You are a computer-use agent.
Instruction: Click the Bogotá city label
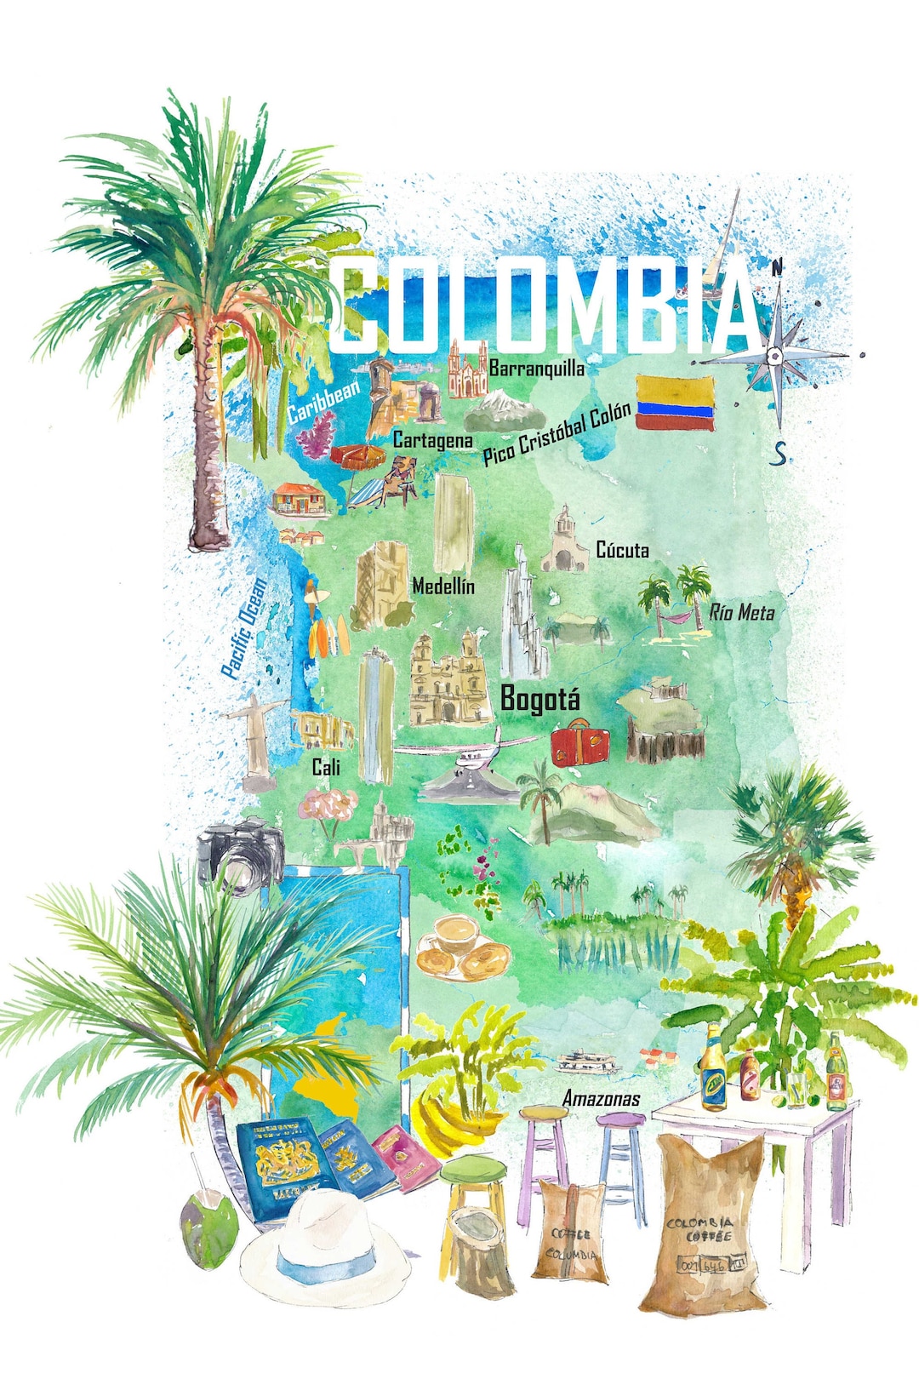pos(539,699)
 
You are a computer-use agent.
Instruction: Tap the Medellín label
pos(443,586)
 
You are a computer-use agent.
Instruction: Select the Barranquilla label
pos(537,369)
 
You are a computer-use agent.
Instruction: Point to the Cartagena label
pos(432,440)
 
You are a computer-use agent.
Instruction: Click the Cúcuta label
pos(622,550)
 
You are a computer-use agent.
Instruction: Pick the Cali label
pos(326,767)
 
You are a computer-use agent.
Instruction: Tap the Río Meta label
pos(742,612)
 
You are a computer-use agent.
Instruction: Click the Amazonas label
pos(602,1099)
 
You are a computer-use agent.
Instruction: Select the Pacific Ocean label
pos(244,628)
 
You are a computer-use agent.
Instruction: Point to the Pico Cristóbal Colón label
pos(557,433)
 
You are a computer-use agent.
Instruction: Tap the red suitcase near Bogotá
pos(579,742)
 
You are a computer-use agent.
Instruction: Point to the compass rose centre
pos(774,355)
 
